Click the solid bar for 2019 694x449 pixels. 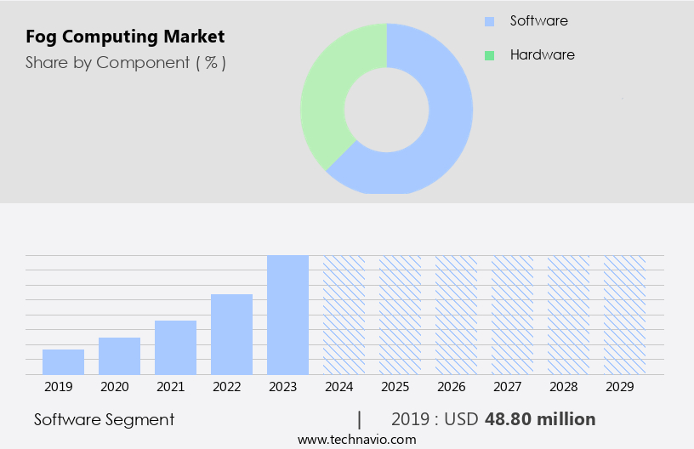63,361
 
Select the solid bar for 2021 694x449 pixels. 175,347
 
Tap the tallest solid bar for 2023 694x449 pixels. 287,315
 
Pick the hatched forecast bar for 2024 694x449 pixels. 344,315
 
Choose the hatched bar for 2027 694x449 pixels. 512,315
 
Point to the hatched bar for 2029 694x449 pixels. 624,315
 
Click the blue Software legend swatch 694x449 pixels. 489,21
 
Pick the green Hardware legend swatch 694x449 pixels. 489,55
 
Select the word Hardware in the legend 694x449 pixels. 542,54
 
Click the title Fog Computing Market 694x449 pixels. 125,37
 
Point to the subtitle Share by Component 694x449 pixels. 125,62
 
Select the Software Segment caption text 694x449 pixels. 105,419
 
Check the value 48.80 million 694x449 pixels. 540,419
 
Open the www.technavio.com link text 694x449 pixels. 357,440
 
